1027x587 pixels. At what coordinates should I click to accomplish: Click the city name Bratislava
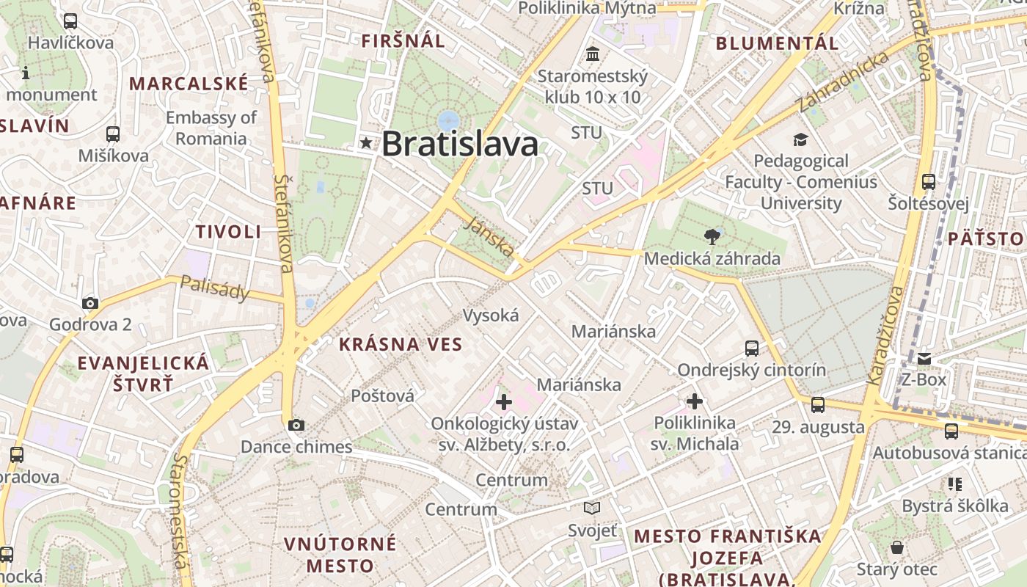point(460,144)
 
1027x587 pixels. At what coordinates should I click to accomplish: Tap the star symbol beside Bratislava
point(366,143)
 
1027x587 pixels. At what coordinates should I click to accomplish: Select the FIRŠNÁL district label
point(403,41)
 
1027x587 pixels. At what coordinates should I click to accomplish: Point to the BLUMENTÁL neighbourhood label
point(777,43)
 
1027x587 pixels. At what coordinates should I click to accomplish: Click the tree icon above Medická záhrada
point(711,236)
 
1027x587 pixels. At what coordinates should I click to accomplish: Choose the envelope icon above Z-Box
point(924,359)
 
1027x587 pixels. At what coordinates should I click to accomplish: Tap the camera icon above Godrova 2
point(90,303)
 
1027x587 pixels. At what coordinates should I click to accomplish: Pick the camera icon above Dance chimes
point(296,425)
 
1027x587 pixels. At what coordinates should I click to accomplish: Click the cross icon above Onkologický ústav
point(504,401)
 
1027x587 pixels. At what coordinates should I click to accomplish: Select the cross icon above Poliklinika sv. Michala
point(695,401)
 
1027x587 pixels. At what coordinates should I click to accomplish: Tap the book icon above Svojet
point(592,508)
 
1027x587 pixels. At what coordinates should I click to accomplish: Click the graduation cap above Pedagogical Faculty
point(800,139)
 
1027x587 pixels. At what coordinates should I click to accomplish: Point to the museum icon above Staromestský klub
point(593,54)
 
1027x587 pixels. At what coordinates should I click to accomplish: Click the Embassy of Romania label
point(211,128)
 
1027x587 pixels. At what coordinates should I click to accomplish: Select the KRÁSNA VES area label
point(401,344)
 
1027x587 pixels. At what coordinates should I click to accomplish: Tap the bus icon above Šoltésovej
point(929,181)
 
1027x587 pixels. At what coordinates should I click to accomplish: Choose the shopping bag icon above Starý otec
point(897,547)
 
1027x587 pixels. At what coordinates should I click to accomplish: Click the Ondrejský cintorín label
point(751,370)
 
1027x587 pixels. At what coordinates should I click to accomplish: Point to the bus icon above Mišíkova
point(113,134)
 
